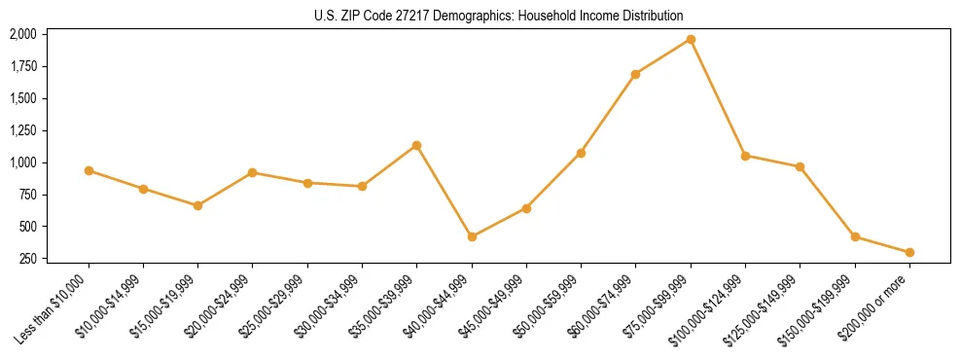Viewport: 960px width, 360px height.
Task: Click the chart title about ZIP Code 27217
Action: pos(499,17)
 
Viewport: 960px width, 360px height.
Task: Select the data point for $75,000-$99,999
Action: pos(691,39)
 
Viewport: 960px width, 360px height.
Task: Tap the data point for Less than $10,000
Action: pos(89,170)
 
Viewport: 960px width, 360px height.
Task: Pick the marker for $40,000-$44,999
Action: pos(472,236)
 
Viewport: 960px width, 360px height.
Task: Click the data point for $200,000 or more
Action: pos(909,252)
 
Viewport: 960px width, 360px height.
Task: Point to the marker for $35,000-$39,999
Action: pos(416,145)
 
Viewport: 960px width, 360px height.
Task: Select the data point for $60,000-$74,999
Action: pos(635,74)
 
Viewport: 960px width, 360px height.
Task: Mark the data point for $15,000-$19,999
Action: pos(197,205)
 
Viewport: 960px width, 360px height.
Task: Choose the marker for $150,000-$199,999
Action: pos(855,236)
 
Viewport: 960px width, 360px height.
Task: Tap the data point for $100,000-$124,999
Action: pos(745,156)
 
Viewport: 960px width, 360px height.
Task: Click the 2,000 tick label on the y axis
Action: pos(22,34)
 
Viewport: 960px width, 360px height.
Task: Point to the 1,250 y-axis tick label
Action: pos(22,130)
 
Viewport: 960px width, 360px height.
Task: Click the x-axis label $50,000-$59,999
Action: pos(551,306)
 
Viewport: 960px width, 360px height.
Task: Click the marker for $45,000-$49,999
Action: pos(526,208)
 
